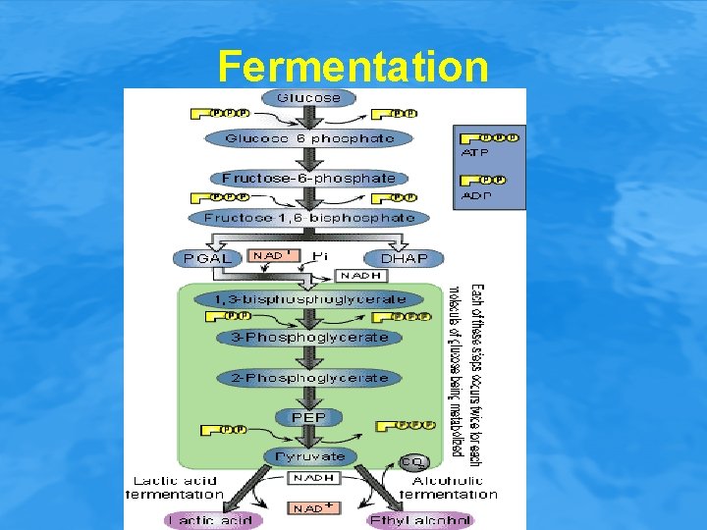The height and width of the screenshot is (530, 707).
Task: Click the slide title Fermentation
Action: (353, 67)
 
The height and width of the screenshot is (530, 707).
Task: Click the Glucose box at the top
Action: (309, 97)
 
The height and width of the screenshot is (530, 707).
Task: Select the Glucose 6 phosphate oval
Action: (309, 138)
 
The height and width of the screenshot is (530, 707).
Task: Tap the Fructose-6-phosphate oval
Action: (309, 178)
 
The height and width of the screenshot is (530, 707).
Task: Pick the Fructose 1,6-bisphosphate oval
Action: (309, 217)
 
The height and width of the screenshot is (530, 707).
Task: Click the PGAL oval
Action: (206, 258)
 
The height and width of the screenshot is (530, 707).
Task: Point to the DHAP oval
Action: (404, 258)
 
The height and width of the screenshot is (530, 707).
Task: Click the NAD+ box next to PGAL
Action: (273, 255)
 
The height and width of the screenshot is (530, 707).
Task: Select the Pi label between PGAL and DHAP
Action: (319, 255)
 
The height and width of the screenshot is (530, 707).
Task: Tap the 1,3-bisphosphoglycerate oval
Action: (309, 298)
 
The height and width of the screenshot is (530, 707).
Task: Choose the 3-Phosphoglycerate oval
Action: (309, 338)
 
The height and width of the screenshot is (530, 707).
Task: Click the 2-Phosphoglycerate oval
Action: (309, 378)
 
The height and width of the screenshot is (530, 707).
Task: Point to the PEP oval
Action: (309, 417)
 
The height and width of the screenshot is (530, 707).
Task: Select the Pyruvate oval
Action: (309, 456)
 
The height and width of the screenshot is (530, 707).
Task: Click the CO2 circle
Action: (412, 461)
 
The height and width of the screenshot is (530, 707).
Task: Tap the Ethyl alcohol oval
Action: (419, 520)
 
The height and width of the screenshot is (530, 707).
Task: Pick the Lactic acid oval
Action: (213, 520)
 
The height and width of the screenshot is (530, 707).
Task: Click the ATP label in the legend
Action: (475, 152)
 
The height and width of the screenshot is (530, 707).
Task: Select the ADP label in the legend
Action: (475, 194)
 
